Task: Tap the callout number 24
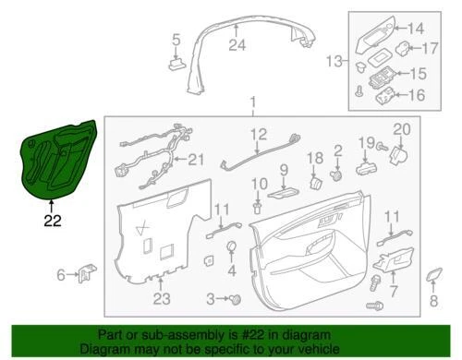(237, 45)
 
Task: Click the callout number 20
(401, 128)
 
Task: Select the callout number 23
(162, 298)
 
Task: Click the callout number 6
(62, 274)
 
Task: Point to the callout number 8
(433, 301)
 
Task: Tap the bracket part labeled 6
(87, 273)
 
